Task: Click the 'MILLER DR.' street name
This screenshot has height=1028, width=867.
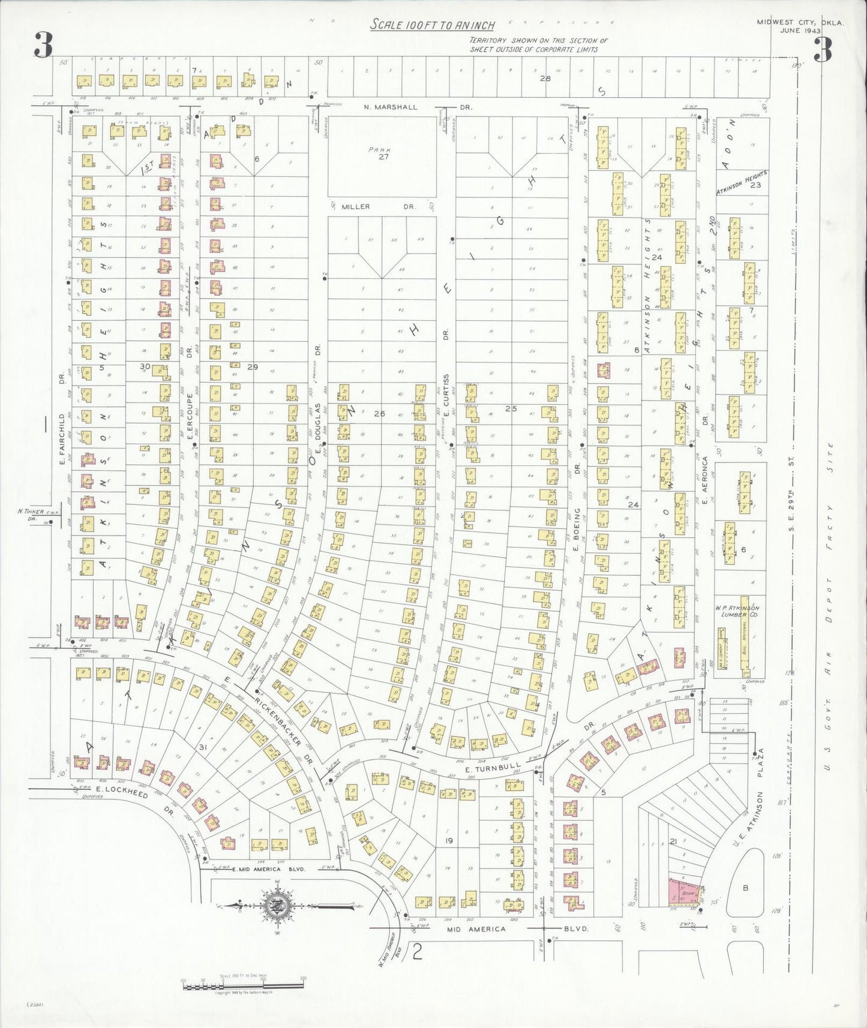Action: pyautogui.click(x=379, y=206)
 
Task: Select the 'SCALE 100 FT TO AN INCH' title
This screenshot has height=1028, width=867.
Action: pyautogui.click(x=433, y=25)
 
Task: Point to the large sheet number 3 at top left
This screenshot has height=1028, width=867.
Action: pyautogui.click(x=43, y=46)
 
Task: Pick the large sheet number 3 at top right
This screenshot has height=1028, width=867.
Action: pyautogui.click(x=823, y=50)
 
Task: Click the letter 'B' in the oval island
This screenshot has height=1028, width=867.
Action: pyautogui.click(x=746, y=889)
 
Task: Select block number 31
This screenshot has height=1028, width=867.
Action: pyautogui.click(x=202, y=747)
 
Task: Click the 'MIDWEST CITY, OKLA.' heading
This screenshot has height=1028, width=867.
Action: pyautogui.click(x=800, y=23)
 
